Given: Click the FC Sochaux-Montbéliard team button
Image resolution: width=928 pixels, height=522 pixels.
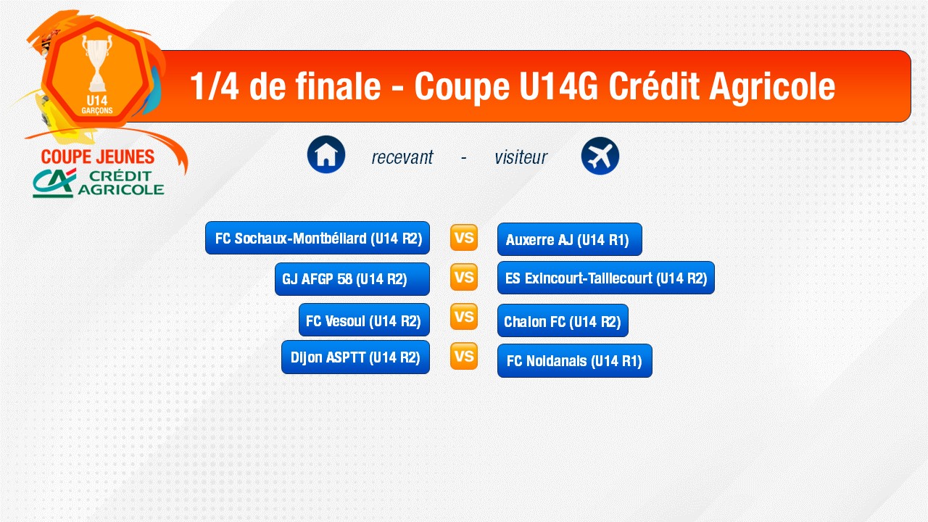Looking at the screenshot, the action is click(318, 238).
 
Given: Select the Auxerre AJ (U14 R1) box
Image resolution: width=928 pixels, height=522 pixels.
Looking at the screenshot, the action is click(570, 239).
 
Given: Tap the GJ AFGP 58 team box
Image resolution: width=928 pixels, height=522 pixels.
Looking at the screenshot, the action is click(352, 279).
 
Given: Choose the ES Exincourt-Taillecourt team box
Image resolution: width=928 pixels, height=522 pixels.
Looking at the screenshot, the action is click(606, 278).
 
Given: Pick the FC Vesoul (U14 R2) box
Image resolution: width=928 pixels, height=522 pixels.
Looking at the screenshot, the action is click(364, 320).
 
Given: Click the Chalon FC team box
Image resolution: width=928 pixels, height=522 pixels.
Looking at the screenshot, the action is click(563, 320).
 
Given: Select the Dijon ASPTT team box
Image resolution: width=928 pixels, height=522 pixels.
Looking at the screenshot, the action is click(355, 357).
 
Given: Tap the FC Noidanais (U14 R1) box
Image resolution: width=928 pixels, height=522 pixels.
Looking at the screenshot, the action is click(575, 360).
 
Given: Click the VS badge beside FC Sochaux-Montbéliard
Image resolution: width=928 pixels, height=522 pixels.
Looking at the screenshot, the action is click(464, 237).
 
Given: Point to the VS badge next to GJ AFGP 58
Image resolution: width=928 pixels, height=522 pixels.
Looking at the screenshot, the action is click(464, 277).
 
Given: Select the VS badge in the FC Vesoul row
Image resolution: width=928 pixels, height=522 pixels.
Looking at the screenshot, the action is click(464, 317).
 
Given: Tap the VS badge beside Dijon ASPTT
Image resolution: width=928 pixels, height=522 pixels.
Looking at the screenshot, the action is click(464, 356).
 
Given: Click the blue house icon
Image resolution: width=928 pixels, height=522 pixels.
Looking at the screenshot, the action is click(326, 154).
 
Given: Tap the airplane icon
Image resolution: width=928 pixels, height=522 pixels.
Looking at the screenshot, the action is click(600, 156).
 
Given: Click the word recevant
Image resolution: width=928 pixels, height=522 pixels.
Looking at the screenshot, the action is click(402, 157).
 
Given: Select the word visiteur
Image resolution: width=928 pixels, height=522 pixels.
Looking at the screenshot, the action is click(521, 157).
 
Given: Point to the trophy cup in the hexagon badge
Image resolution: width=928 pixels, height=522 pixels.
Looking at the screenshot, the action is click(97, 62).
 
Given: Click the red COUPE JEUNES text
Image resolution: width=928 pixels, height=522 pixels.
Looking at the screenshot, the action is click(98, 157).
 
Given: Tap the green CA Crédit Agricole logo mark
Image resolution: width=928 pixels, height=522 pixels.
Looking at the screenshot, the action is click(54, 183).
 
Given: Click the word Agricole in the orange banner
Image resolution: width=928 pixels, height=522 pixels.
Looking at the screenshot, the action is click(772, 86).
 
